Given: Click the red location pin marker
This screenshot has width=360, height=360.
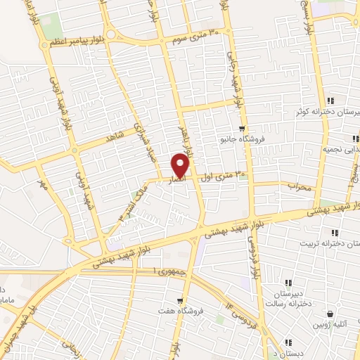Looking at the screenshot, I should tap(181, 165).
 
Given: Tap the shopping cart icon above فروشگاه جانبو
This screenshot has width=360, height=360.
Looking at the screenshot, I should tap(242, 129).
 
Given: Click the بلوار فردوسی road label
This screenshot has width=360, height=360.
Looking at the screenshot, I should tap(250, 257).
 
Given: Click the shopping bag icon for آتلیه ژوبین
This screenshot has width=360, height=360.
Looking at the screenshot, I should tap(328, 314).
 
